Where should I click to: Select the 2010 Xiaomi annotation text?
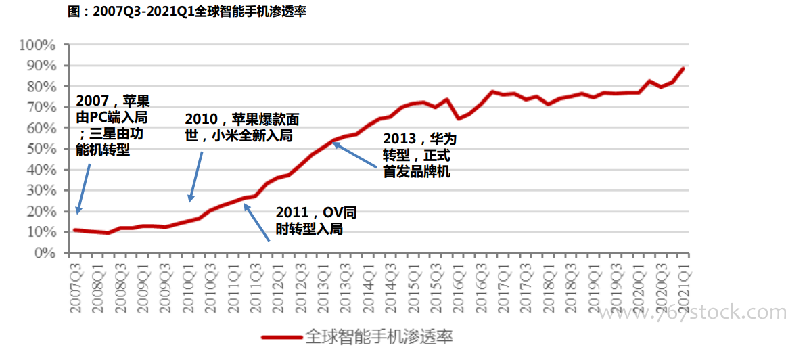click(241, 127)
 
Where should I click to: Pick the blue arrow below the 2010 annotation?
click(195, 177)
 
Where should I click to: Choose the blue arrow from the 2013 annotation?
click(356, 154)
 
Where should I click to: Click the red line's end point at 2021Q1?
click(684, 68)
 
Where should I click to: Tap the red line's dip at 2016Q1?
click(459, 118)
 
